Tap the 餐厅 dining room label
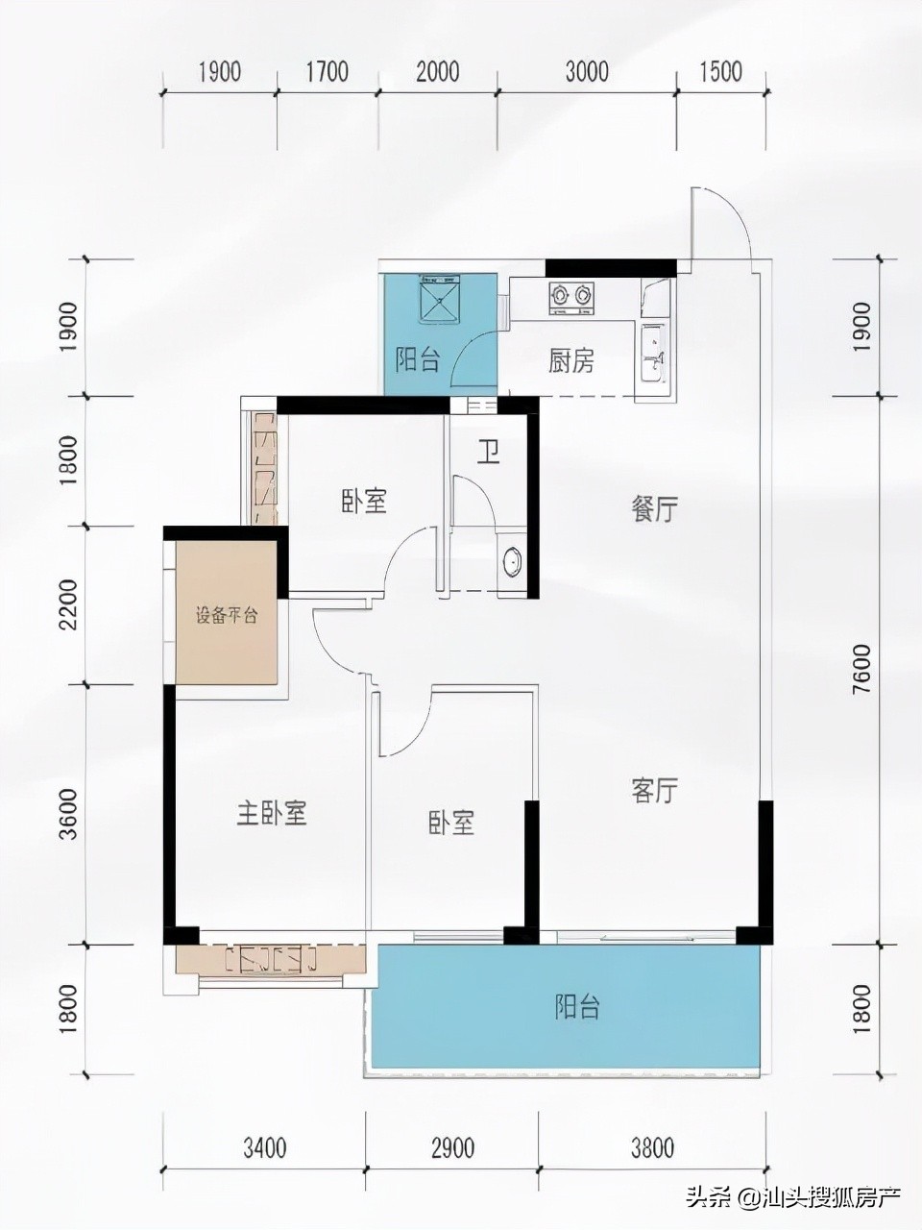tap(654, 509)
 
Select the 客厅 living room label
tap(654, 791)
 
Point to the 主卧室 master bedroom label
tap(272, 814)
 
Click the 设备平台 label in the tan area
tap(227, 616)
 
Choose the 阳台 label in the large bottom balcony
tap(577, 1007)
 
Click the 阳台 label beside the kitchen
tap(418, 360)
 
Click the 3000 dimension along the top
tap(587, 71)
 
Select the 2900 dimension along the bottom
tap(452, 1146)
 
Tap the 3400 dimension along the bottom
tap(265, 1146)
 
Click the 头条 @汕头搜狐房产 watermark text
tap(791, 1197)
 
